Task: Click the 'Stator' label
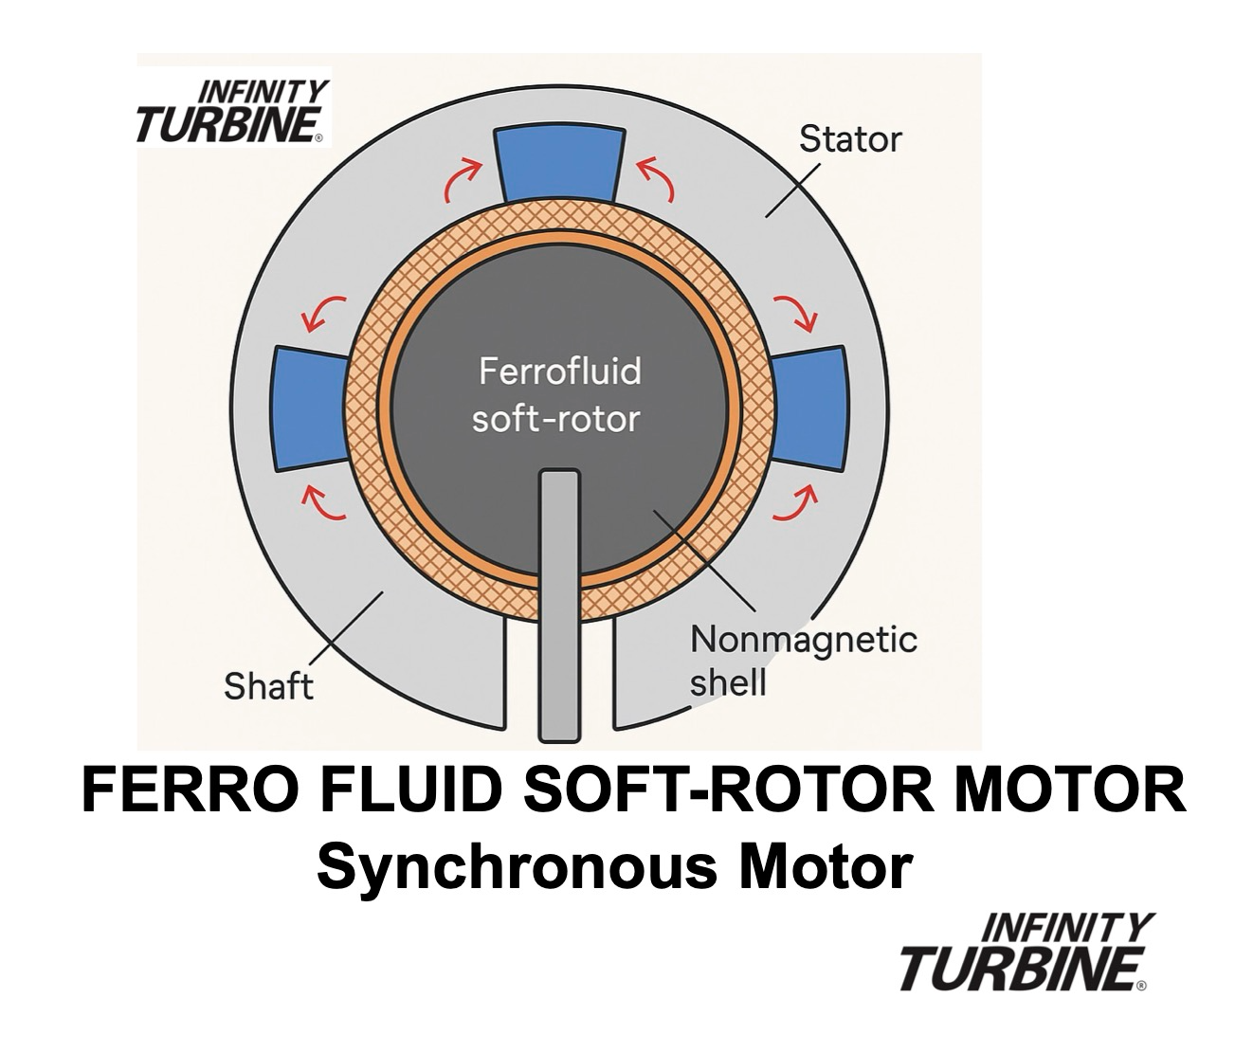click(849, 139)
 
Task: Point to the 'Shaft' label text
click(268, 685)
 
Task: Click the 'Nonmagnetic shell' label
click(802, 660)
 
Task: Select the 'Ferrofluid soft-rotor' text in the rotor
click(557, 394)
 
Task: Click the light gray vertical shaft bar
click(558, 607)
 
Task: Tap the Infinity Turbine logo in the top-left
click(233, 112)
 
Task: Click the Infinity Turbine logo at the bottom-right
click(1024, 952)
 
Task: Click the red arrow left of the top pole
click(462, 180)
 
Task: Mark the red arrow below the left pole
click(323, 504)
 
